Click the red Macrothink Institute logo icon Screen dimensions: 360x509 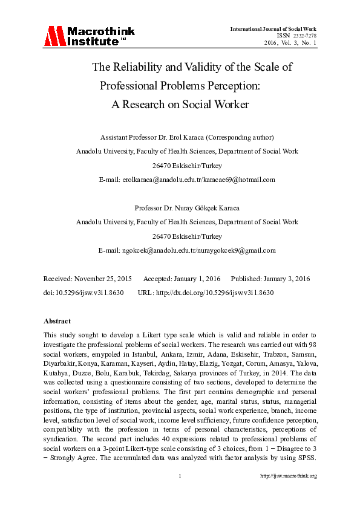[54, 36]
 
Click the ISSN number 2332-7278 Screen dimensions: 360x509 [304, 36]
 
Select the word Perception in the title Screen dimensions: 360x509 [231, 85]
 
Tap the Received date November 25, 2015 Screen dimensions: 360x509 [102, 279]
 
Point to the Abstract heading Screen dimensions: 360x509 [57, 321]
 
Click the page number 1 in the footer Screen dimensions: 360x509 [180, 476]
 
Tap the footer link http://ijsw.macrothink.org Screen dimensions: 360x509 [288, 476]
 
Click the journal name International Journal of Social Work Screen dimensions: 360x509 [273, 29]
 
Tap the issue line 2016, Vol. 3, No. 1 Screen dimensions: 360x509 [290, 42]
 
